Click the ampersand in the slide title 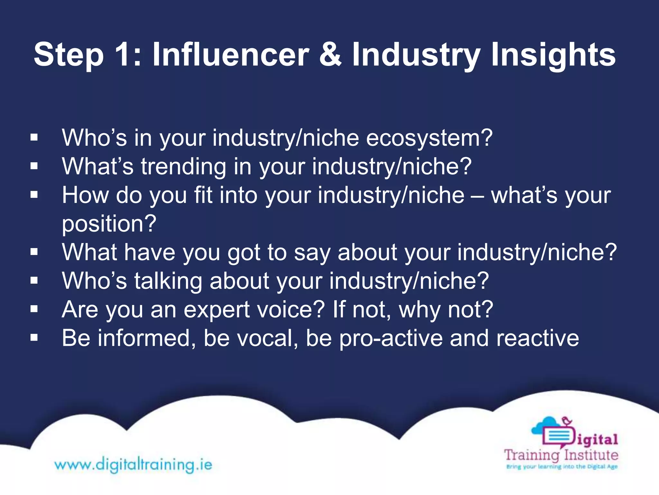pos(330,55)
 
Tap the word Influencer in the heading pos(230,55)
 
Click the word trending pos(183,167)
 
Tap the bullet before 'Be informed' pos(34,338)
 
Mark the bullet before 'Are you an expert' pos(34,309)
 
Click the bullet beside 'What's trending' pos(34,166)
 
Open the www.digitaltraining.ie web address pos(133,465)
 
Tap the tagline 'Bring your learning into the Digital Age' pos(562,466)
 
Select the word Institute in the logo pos(591,455)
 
